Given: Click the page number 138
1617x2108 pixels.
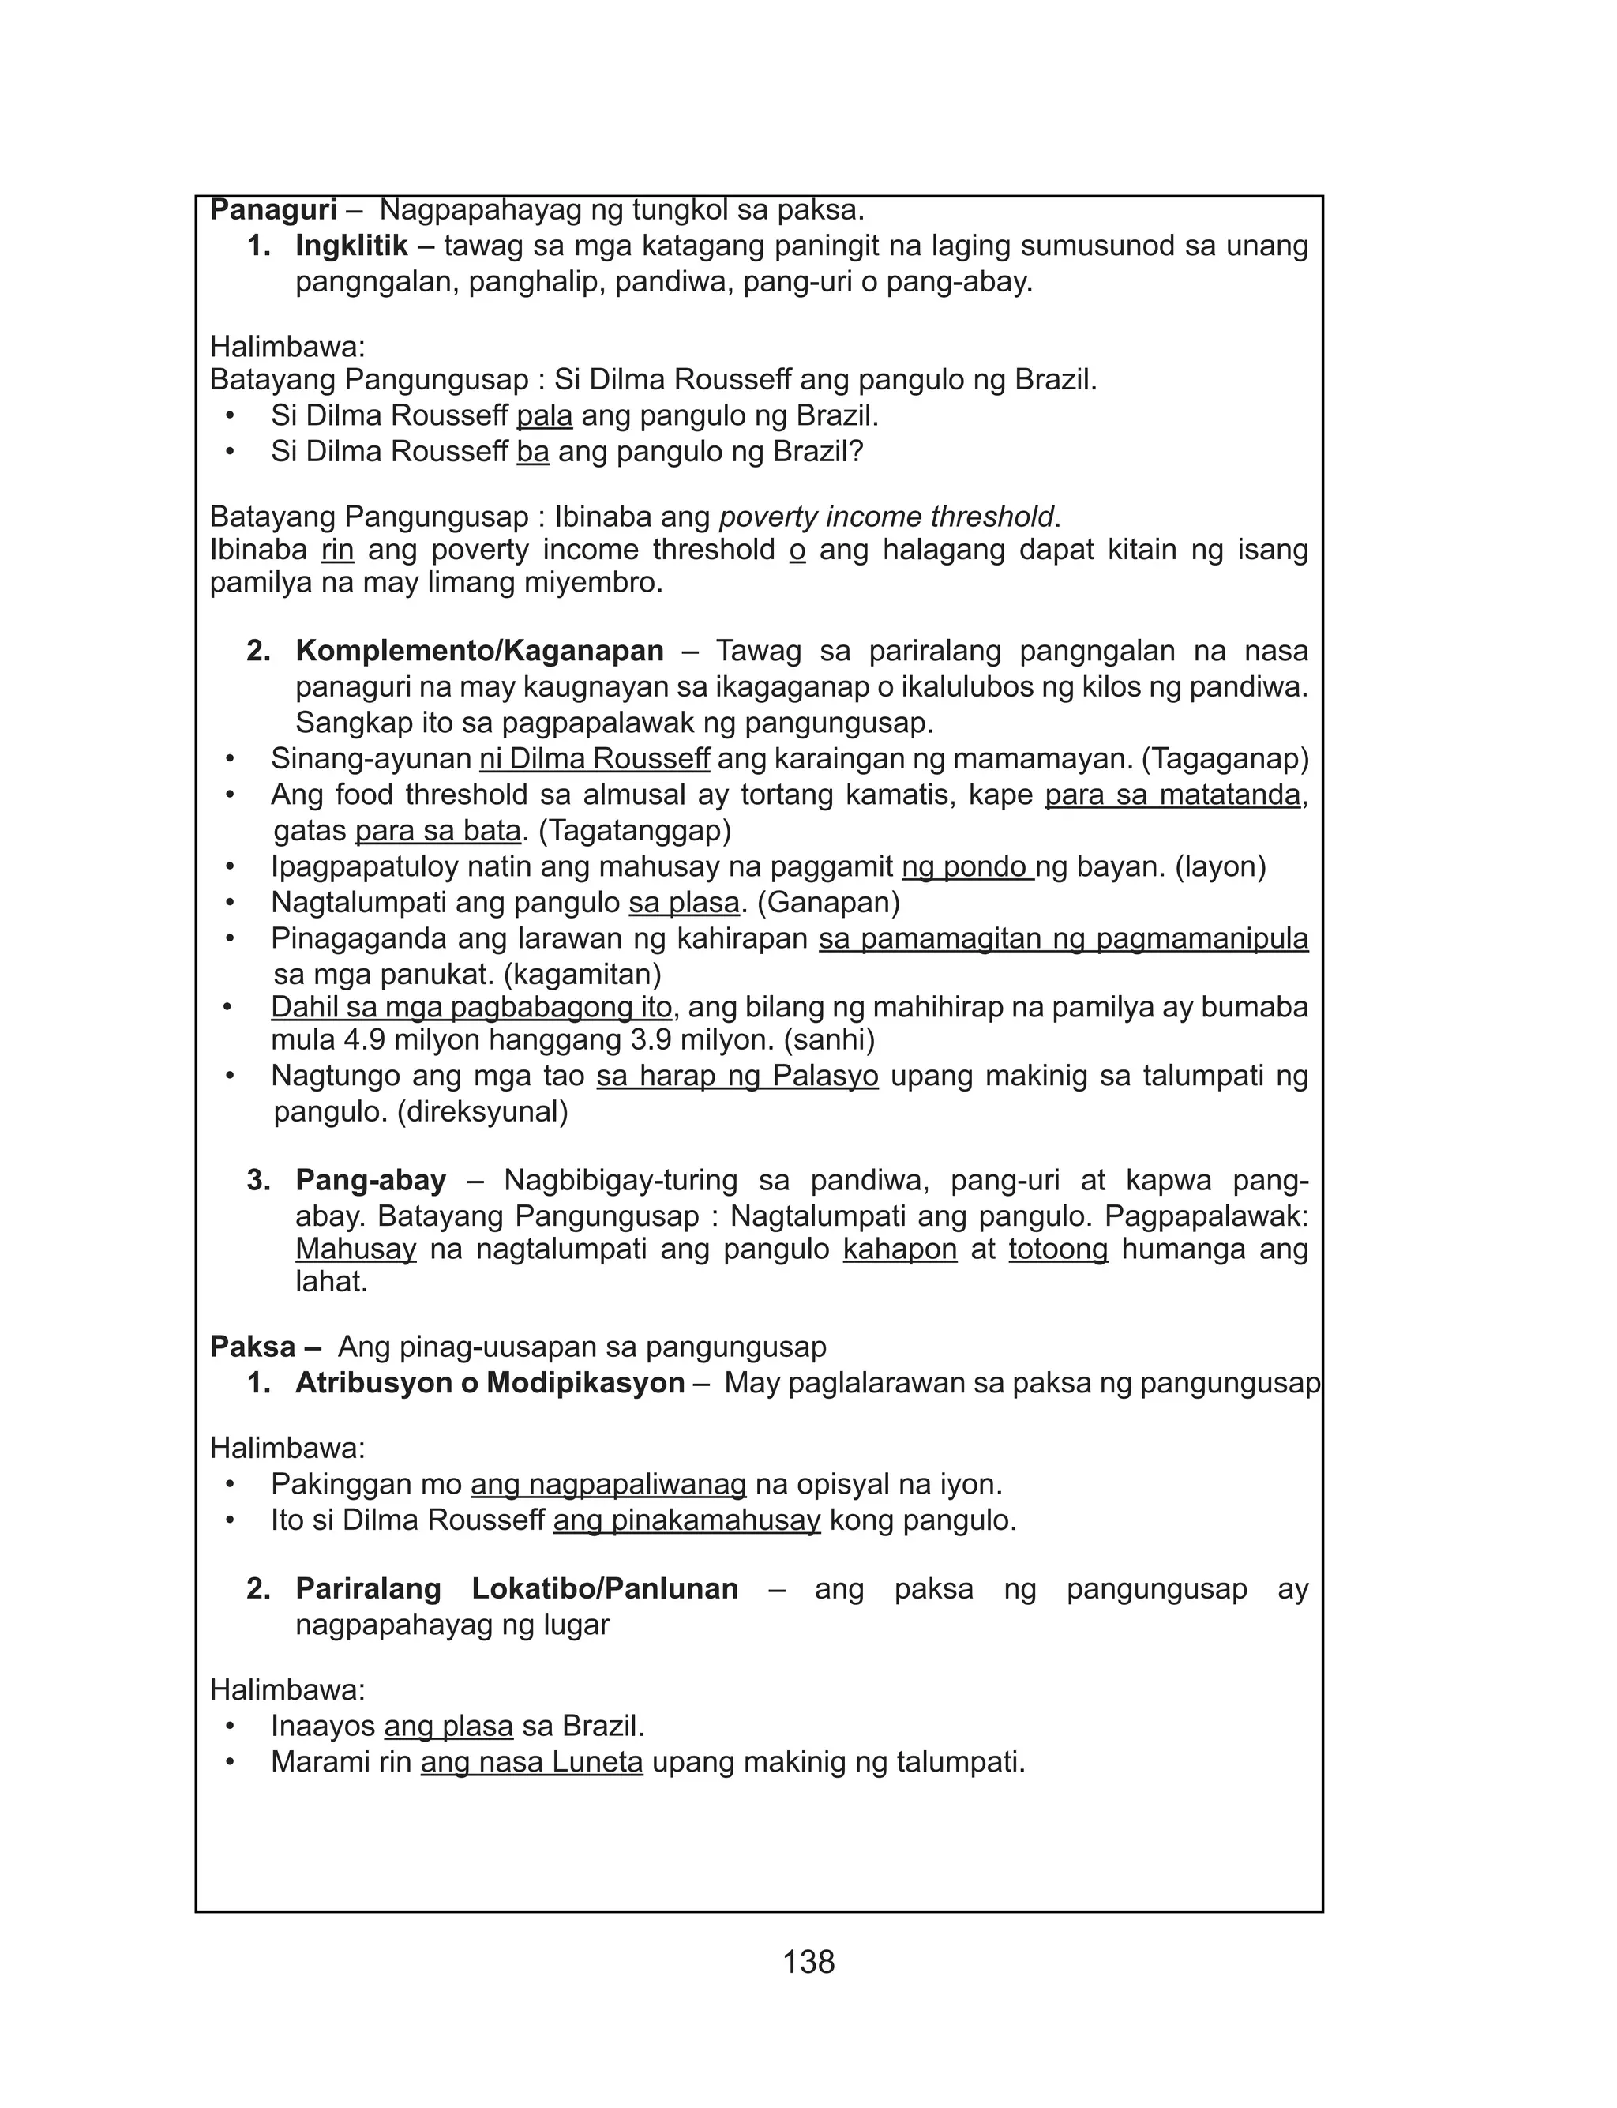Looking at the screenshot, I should point(808,1962).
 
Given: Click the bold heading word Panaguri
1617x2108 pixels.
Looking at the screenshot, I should point(273,210).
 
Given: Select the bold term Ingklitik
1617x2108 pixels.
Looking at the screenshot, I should point(351,246).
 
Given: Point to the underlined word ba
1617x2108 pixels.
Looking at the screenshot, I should point(532,452).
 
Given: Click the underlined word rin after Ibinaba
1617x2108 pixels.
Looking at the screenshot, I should point(337,550).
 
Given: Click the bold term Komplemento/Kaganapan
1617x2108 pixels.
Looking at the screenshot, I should point(479,651).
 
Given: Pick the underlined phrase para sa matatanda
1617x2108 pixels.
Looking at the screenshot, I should point(1172,795).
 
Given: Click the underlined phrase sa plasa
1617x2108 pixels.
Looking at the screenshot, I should point(685,903).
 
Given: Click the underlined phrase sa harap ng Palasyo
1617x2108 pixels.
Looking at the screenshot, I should point(737,1077).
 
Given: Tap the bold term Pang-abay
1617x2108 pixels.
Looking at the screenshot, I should point(370,1180).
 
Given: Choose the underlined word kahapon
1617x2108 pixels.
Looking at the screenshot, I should point(900,1249).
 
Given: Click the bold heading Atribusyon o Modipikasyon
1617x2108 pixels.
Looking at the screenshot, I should point(490,1383).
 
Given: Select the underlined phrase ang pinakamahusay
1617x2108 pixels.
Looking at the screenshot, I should point(686,1521).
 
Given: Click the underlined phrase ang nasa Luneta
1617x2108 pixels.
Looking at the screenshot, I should point(531,1762).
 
